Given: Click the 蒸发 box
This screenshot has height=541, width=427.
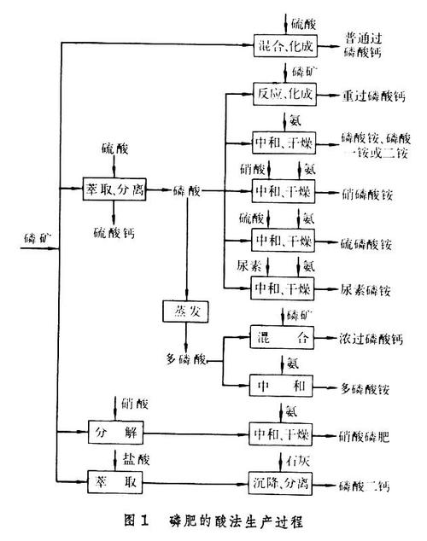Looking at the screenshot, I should (186, 311).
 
